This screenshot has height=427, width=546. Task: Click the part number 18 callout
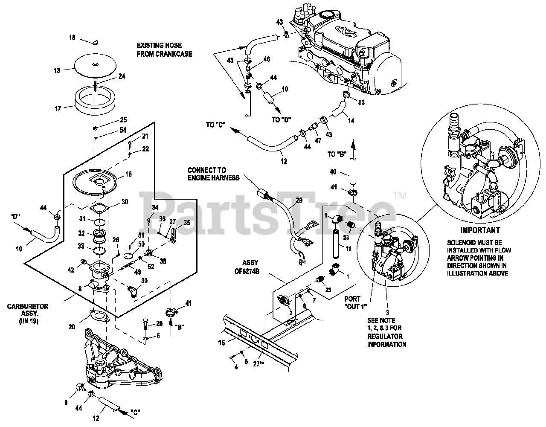(72, 38)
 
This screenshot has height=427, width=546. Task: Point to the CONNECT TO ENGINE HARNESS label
(213, 174)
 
